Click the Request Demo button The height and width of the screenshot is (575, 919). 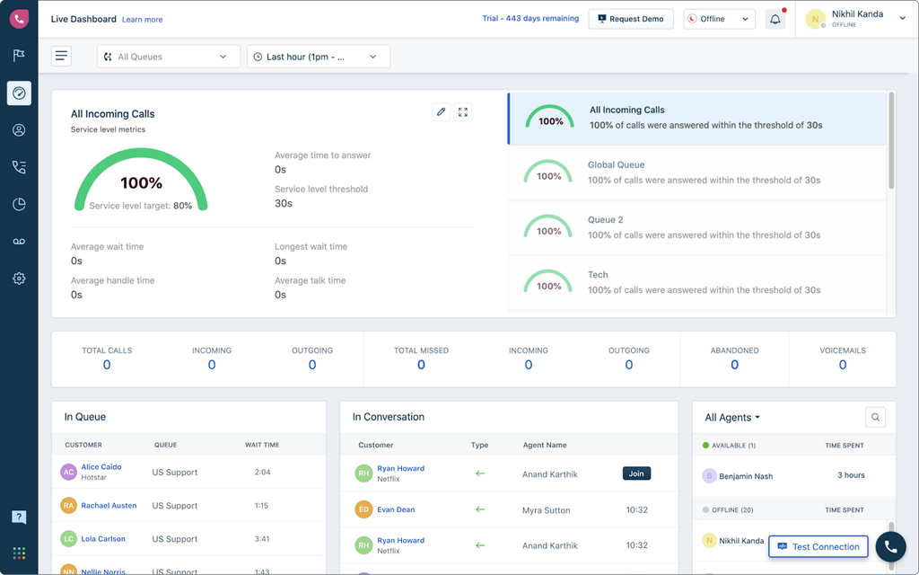(x=630, y=19)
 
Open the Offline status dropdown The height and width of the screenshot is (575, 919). (x=719, y=19)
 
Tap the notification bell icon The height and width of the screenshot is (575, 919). (x=775, y=19)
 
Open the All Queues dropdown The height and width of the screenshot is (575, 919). (x=169, y=57)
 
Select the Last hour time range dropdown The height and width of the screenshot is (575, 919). (x=319, y=57)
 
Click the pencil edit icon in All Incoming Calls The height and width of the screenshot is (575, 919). (x=441, y=112)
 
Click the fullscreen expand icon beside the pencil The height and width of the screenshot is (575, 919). (x=463, y=112)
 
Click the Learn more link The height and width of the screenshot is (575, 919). (x=143, y=19)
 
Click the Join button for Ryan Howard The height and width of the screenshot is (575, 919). (x=636, y=473)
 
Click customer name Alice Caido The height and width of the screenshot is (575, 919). (x=101, y=467)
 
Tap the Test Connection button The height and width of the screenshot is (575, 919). (x=818, y=546)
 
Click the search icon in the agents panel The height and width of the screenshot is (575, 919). (x=876, y=417)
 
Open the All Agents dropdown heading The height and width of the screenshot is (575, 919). (x=732, y=418)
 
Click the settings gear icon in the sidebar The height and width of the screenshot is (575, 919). (x=19, y=279)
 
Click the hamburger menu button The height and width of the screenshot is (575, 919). (x=61, y=57)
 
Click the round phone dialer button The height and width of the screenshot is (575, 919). (x=890, y=546)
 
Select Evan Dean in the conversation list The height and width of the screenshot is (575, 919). (x=396, y=509)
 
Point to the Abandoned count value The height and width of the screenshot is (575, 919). (x=734, y=365)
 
